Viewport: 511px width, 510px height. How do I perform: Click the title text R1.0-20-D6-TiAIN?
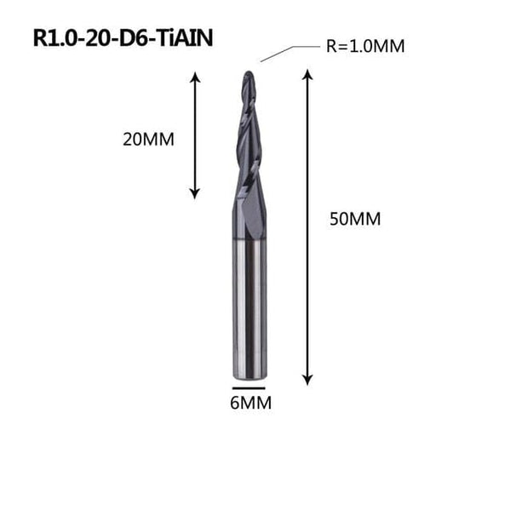coord(123,38)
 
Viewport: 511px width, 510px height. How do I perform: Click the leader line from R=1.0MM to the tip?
coord(277,54)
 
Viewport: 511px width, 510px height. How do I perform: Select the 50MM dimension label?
coord(354,219)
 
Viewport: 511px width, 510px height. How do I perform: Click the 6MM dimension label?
coord(250,403)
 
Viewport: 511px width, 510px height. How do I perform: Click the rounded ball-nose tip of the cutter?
coord(247,77)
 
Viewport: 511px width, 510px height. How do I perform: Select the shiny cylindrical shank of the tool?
coord(249,315)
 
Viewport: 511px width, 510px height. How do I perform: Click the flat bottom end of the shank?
coord(249,377)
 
